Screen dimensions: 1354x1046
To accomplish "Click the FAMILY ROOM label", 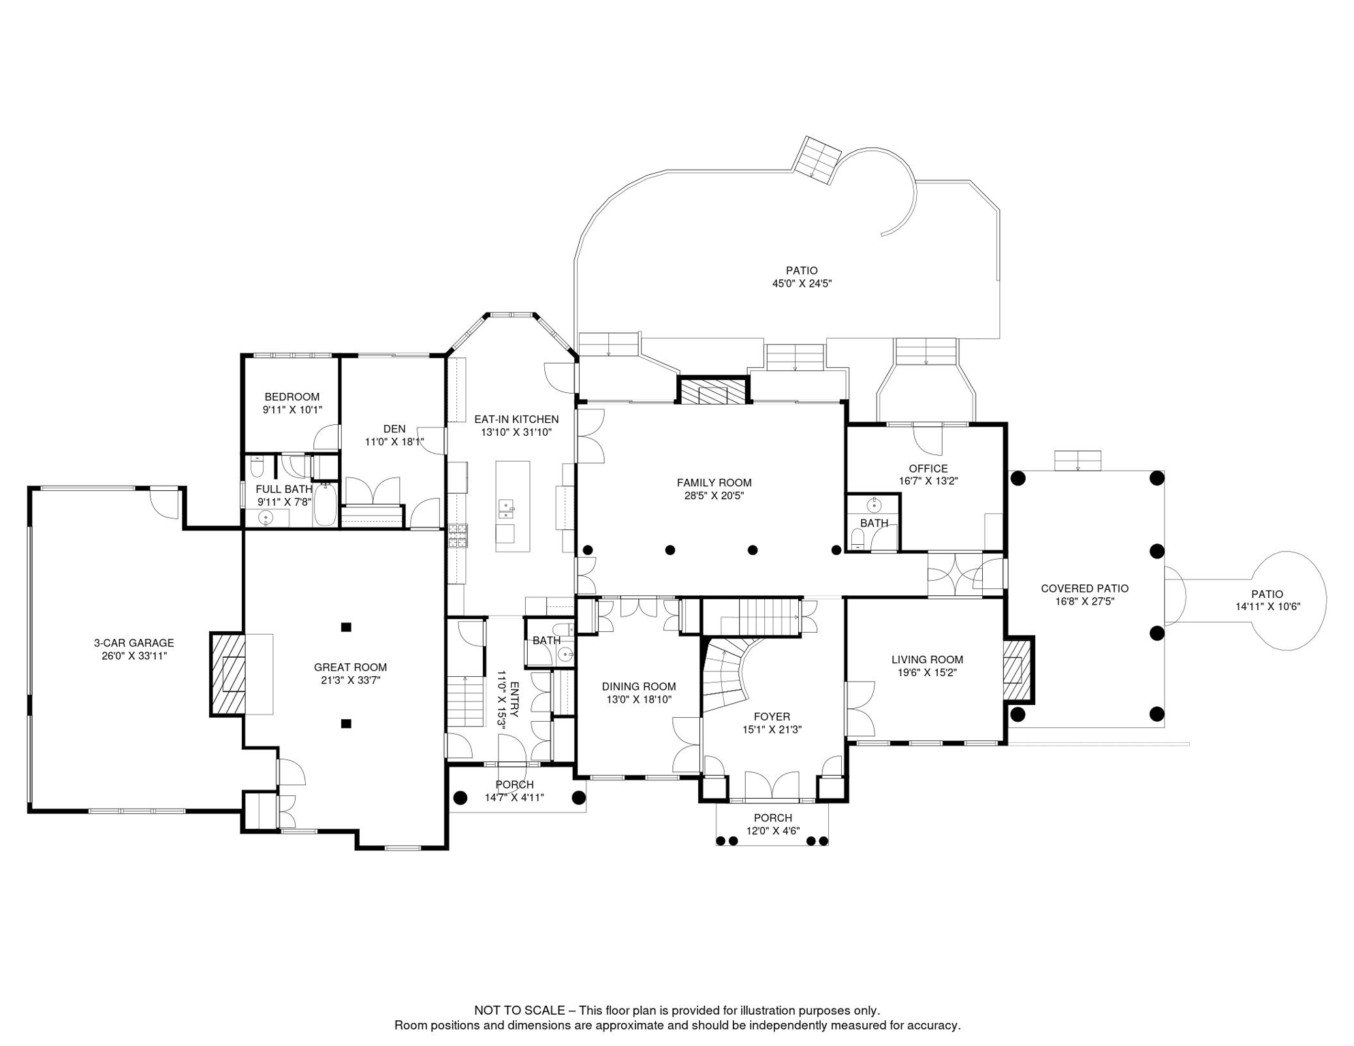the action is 714,483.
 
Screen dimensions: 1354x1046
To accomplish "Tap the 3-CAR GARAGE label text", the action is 134,643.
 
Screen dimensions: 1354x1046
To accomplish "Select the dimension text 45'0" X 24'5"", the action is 802,283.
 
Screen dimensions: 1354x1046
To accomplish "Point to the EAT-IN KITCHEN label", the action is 516,419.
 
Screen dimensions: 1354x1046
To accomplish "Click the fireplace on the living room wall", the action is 1018,669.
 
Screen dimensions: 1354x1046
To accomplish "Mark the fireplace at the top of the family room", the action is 713,390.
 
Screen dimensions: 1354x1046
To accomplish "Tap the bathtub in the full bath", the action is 326,504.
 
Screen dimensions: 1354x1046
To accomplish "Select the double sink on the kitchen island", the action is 506,509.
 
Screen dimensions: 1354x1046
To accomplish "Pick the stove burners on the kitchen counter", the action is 458,535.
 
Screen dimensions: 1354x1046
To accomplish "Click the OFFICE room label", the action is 928,469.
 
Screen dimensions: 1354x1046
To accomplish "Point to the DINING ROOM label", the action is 639,686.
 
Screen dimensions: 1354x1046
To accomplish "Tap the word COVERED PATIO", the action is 1085,588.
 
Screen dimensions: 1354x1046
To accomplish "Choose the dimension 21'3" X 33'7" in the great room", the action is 351,680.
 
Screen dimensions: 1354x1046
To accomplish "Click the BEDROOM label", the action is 292,397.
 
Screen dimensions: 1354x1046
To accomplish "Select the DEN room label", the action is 394,429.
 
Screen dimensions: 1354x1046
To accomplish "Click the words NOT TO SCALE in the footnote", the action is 520,1011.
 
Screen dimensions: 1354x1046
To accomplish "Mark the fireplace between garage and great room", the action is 227,674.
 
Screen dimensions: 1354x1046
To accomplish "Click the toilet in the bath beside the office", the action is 858,539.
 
